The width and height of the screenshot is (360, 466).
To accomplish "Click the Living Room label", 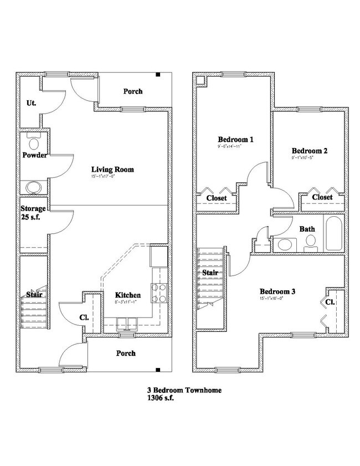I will coord(113,170).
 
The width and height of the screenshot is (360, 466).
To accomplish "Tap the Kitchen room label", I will coord(127,295).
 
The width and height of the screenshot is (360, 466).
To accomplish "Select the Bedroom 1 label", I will coord(235,140).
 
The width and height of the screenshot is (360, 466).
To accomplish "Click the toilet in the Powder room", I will coord(34,143).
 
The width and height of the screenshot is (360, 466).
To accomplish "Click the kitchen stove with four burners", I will coord(159,293).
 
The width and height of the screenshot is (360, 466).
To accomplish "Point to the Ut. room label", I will coord(32,103).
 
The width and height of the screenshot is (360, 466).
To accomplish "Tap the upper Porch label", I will coord(132,91).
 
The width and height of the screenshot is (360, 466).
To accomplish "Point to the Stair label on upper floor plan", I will coord(210,273).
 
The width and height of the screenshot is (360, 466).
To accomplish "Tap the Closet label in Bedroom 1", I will coord(217,198).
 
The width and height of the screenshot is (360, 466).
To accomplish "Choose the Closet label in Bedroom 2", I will coord(322,197).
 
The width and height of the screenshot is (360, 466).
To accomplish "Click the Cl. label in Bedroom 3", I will coord(329,303).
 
